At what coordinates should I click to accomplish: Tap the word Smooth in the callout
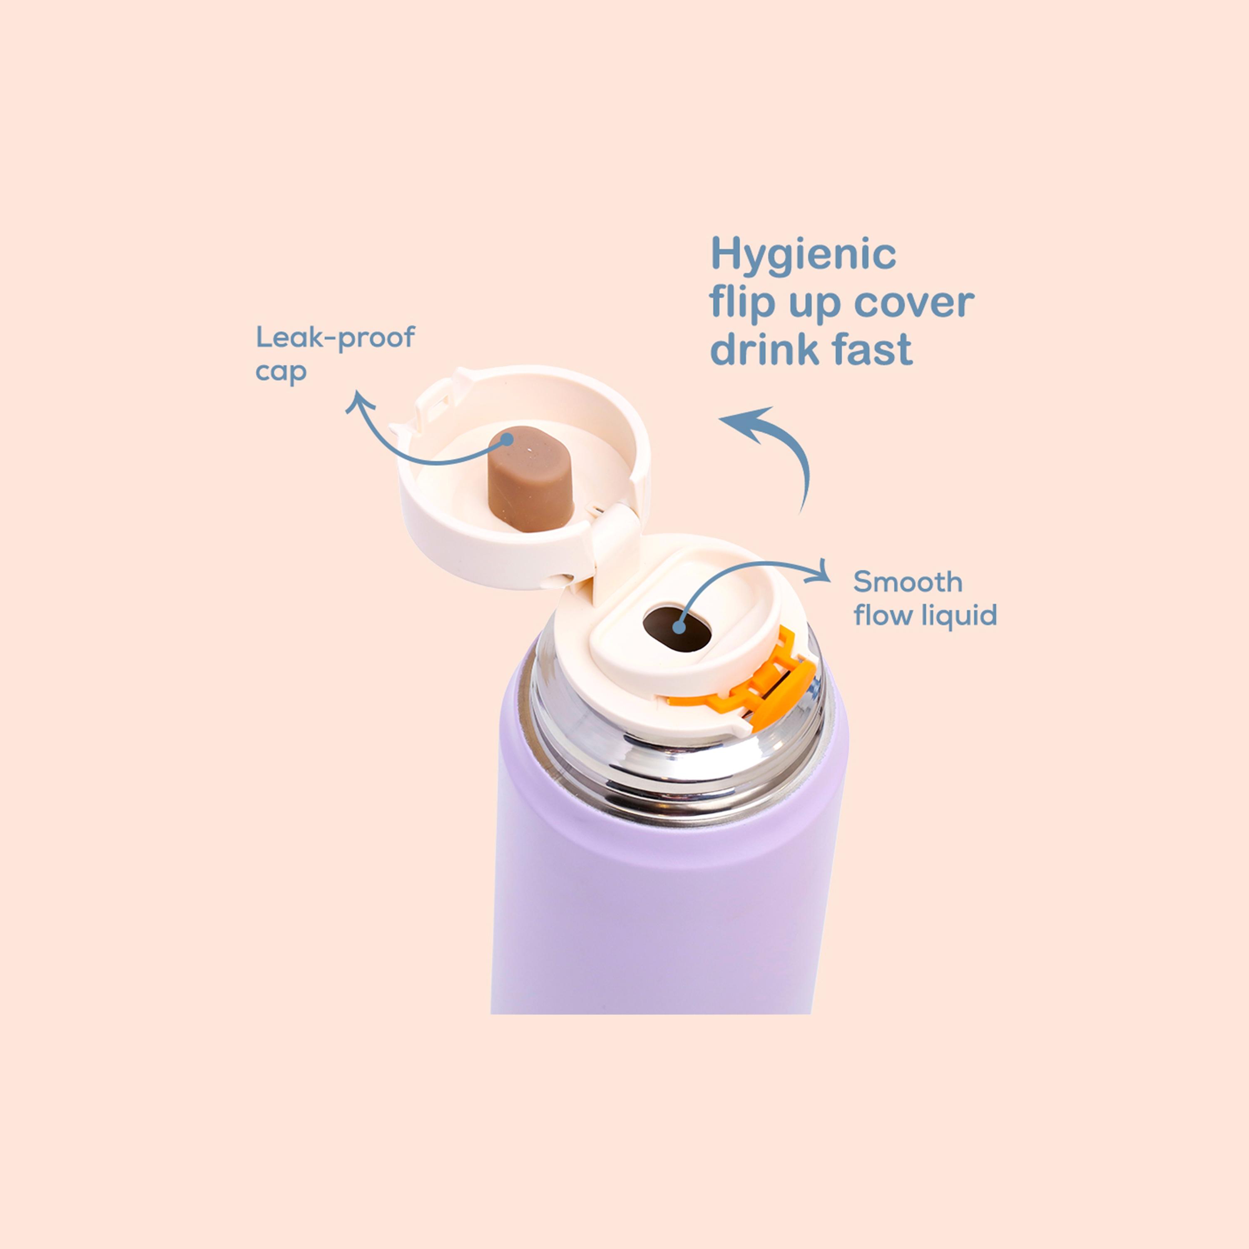point(908,582)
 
